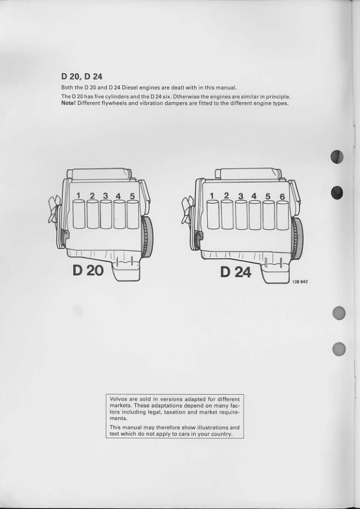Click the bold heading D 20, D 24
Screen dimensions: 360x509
click(82, 77)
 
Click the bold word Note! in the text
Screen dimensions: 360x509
click(68, 103)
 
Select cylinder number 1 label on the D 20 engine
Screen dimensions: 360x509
click(79, 195)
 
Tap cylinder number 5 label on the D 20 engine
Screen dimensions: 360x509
click(132, 196)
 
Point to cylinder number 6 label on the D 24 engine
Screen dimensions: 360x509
click(282, 196)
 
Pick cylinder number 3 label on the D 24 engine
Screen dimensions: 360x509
click(240, 196)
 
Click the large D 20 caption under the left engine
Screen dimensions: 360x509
click(88, 270)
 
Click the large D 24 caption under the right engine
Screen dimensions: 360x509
click(236, 272)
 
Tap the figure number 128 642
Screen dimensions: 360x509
click(300, 282)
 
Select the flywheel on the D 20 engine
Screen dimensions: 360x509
click(147, 237)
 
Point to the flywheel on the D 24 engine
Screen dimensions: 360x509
click(297, 239)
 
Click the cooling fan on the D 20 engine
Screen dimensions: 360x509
click(54, 209)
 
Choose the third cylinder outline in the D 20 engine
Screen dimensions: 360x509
click(106, 214)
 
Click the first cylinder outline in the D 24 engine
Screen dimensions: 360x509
click(213, 215)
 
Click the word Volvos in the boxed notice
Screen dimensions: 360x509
click(118, 399)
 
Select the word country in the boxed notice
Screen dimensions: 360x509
click(223, 434)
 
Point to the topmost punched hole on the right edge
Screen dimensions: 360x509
click(337, 157)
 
